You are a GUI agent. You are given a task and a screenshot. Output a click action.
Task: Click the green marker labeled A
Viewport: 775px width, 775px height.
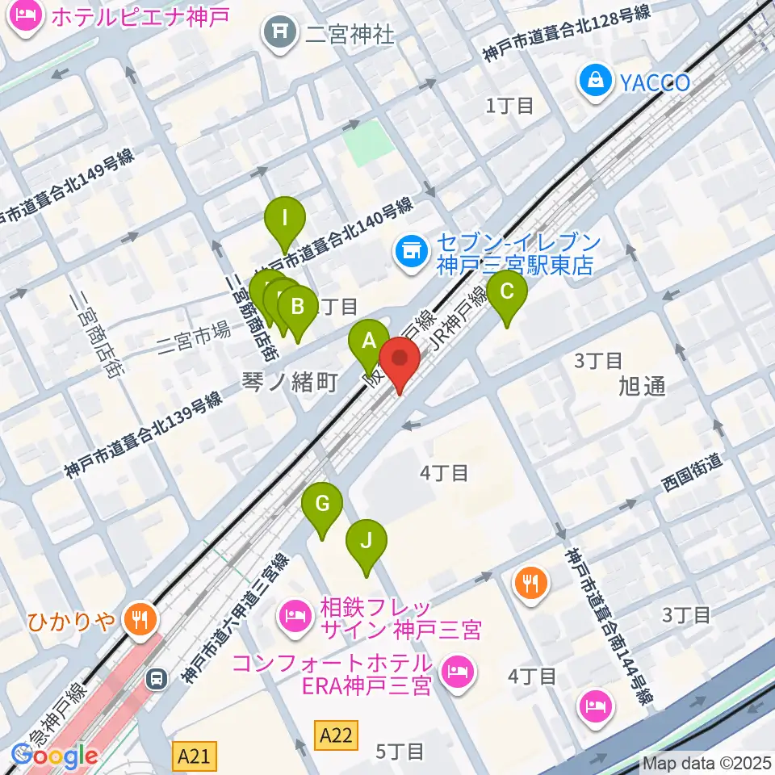click(x=369, y=340)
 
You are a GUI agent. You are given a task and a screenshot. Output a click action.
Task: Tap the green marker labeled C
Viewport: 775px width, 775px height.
click(x=507, y=291)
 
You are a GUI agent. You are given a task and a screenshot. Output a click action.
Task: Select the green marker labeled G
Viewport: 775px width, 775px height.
click(x=322, y=505)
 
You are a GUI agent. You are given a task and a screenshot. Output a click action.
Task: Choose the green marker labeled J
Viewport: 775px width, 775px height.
click(x=367, y=540)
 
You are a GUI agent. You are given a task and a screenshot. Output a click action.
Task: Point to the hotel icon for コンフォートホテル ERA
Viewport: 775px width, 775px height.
click(x=458, y=670)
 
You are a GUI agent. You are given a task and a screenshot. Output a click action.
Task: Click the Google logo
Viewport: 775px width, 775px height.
click(x=54, y=756)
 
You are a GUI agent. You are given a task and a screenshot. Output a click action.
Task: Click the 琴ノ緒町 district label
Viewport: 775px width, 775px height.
click(x=289, y=381)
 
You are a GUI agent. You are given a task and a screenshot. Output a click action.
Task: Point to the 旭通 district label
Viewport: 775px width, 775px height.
click(x=643, y=386)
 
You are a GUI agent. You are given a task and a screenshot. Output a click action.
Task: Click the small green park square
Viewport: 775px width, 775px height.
click(x=368, y=142)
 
